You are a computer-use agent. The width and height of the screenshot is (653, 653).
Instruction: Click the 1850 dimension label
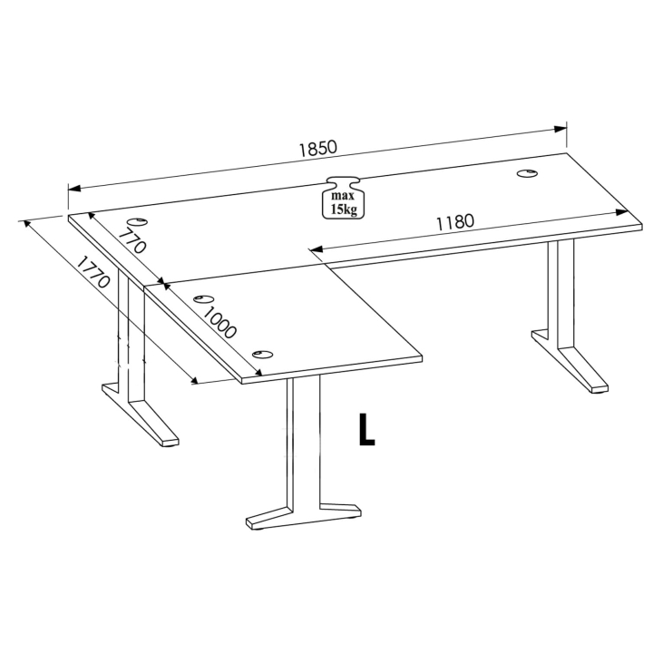(317, 148)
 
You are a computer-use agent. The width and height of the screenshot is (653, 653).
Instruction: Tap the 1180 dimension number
(455, 222)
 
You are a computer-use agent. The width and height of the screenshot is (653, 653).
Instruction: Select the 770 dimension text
(132, 241)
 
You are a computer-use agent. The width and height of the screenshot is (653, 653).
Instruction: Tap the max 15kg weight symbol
(343, 198)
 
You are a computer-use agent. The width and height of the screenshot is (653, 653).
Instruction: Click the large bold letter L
(366, 430)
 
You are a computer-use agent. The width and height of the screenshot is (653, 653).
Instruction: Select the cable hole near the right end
(527, 173)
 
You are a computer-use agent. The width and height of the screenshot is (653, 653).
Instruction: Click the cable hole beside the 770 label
(137, 221)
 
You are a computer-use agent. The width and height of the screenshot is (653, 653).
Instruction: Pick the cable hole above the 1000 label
(204, 298)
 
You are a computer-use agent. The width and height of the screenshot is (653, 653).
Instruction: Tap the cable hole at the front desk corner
(262, 355)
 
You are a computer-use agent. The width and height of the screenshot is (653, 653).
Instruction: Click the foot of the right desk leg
(570, 360)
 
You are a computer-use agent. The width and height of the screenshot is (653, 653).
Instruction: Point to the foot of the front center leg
(303, 517)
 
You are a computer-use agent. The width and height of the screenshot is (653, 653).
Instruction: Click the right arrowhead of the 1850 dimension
(560, 129)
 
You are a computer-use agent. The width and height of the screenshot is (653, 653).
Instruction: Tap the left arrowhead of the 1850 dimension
(74, 189)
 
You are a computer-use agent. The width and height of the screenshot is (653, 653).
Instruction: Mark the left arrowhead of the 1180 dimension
(317, 249)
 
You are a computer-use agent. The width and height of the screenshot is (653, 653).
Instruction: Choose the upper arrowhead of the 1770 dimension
(27, 225)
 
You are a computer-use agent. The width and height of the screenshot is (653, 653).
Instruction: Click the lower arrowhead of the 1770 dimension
(194, 378)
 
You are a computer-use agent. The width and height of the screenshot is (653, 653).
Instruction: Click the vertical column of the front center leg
(304, 441)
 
